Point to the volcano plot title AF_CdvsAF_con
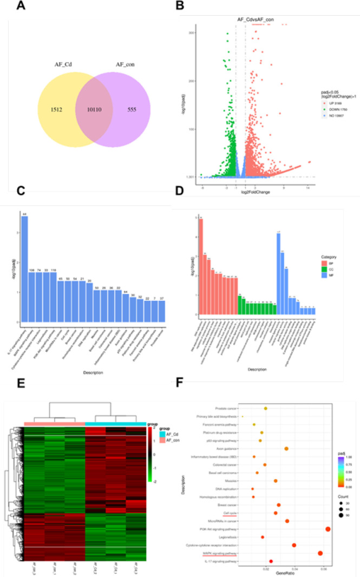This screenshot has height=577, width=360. click(x=256, y=19)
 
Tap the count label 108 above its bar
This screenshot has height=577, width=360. click(x=31, y=270)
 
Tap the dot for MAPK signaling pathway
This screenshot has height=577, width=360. click(x=320, y=553)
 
